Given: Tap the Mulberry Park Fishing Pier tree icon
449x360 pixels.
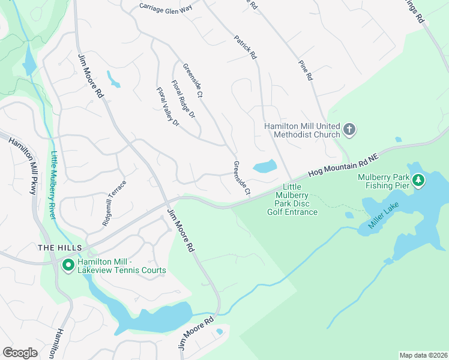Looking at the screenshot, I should [x=418, y=180].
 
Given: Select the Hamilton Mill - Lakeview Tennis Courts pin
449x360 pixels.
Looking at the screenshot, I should [x=68, y=265].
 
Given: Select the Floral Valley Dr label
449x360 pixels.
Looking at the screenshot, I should [x=168, y=107].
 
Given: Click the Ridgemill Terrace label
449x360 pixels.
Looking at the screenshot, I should [x=114, y=203].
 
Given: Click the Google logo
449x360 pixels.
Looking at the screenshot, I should [x=20, y=352].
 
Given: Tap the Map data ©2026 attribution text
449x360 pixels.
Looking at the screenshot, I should [x=423, y=355].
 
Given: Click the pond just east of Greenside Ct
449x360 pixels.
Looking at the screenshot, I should [x=265, y=166].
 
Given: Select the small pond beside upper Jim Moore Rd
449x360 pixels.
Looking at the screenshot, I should [x=113, y=79].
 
